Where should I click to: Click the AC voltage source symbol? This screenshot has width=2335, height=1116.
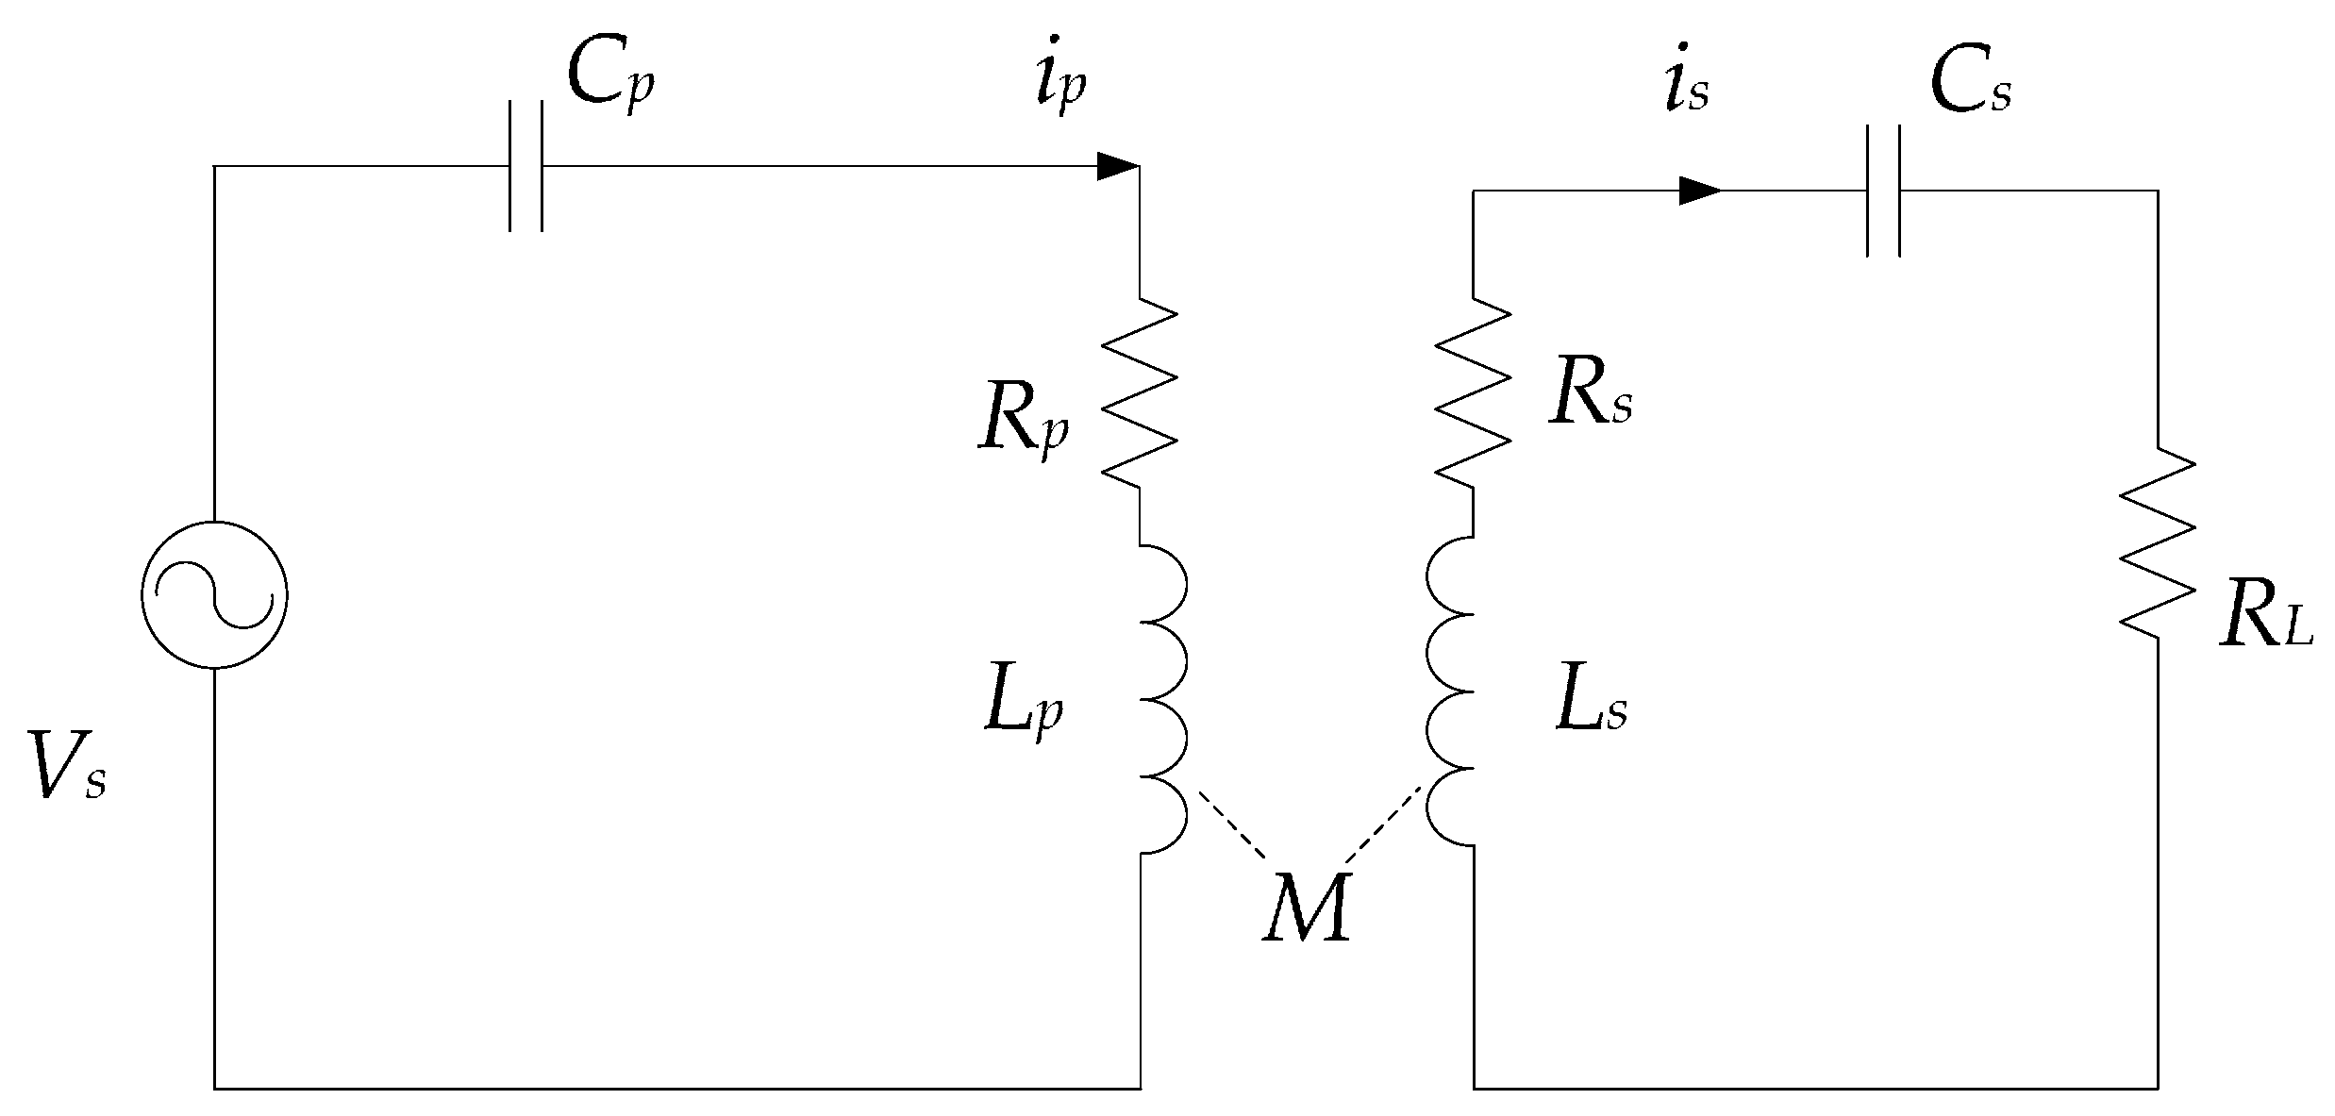[214, 595]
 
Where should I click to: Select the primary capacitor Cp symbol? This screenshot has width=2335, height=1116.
[526, 166]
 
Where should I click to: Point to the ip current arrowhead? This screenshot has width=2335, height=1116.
[1118, 167]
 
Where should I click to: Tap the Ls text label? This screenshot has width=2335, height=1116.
[1591, 707]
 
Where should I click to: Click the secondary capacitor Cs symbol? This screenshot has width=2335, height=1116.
[1883, 191]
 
